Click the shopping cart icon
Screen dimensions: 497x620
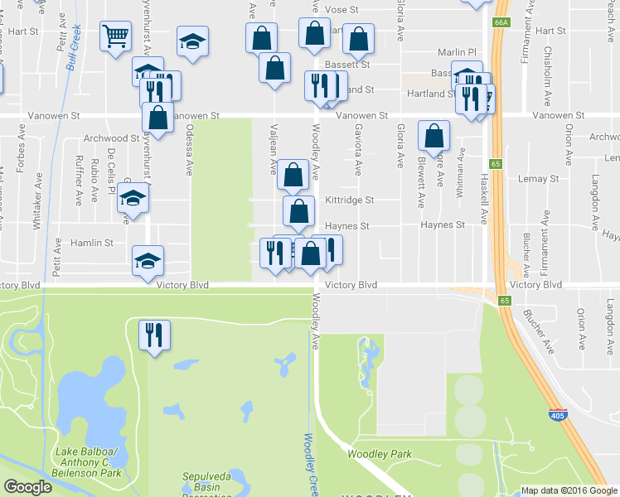click(x=115, y=36)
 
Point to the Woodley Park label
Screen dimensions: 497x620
click(x=380, y=454)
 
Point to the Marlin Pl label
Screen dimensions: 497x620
click(x=458, y=50)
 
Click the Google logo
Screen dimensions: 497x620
click(x=29, y=488)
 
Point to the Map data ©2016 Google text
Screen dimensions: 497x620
click(x=569, y=490)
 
